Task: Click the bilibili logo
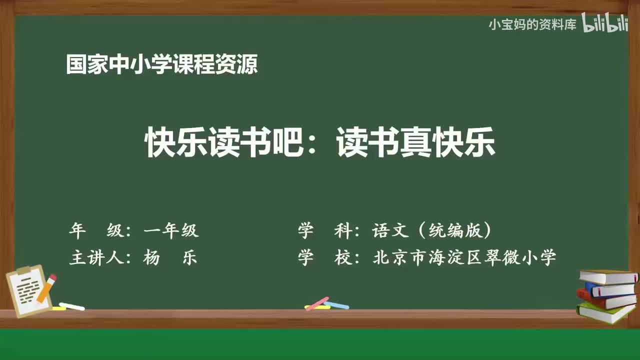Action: tap(605, 24)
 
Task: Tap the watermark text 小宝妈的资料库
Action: tap(532, 24)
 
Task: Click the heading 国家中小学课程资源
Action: tap(162, 65)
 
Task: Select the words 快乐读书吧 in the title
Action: tap(224, 142)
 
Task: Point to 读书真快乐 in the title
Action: tap(416, 142)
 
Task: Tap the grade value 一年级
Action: tap(171, 230)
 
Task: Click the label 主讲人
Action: tap(98, 258)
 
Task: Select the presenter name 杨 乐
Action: tap(170, 258)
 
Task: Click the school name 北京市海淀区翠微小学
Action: tap(464, 258)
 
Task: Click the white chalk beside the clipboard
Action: tap(71, 306)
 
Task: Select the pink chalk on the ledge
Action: tap(317, 303)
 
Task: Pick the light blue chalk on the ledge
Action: tap(337, 304)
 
